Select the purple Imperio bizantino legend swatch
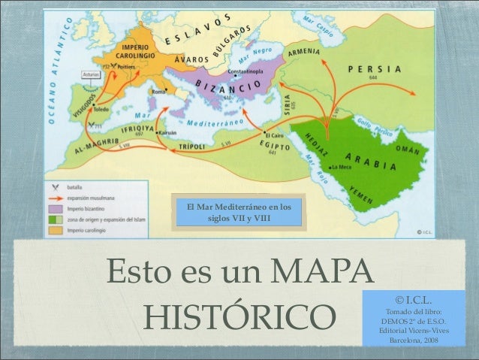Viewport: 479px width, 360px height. (x=54, y=207)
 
